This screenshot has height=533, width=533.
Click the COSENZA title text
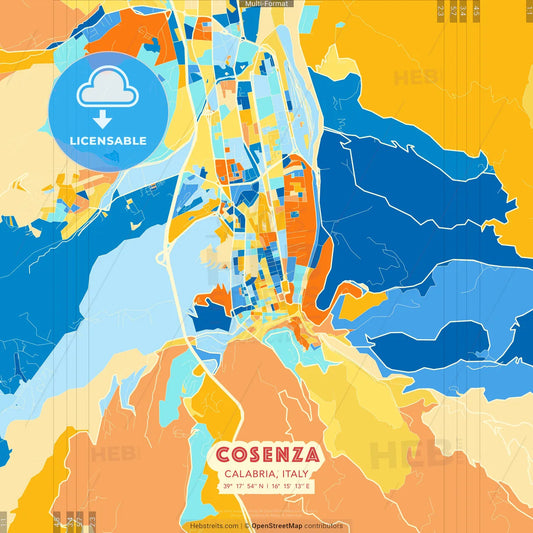point(266,455)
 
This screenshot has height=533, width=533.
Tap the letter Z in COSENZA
point(296,455)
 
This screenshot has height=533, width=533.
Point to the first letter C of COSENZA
point(222,455)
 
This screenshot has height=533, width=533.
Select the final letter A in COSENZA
point(311,455)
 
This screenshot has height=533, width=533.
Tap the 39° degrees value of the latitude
point(226,486)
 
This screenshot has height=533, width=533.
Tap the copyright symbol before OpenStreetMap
point(246,525)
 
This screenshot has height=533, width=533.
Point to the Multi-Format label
point(266,4)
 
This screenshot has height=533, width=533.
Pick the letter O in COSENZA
point(238,455)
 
